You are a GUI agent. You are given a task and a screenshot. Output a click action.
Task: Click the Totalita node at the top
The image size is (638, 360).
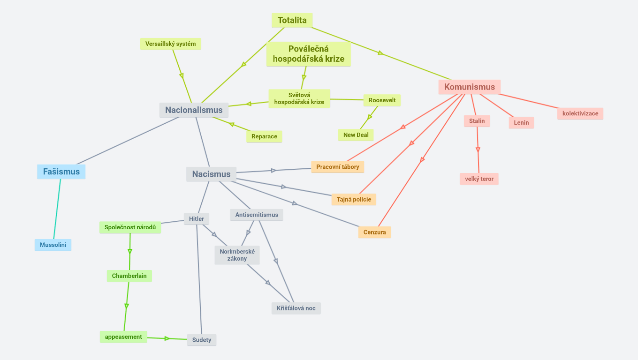[292, 20]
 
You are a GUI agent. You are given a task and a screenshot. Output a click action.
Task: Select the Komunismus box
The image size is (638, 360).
[470, 87]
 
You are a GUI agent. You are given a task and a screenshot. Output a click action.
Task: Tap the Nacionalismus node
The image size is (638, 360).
[194, 110]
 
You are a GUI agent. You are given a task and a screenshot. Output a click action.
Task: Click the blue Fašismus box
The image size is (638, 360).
[61, 172]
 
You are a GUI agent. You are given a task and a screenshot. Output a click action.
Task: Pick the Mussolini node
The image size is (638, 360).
[53, 245]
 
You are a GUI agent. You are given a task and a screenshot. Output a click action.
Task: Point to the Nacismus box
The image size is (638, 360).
[211, 174]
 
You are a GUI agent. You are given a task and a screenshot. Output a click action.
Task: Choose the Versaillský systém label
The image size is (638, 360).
[170, 44]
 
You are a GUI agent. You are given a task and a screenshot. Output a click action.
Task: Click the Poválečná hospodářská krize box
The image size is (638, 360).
[309, 54]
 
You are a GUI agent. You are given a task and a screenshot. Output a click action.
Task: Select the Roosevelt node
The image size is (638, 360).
[382, 100]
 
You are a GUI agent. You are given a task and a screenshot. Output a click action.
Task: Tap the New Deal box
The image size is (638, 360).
[356, 135]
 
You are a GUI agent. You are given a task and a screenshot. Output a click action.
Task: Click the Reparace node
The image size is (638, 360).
[264, 136]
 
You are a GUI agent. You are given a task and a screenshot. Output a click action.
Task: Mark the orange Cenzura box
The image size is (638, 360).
[374, 232]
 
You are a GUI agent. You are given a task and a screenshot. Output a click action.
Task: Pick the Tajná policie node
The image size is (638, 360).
[354, 199]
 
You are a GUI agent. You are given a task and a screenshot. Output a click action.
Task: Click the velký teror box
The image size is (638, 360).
[479, 179]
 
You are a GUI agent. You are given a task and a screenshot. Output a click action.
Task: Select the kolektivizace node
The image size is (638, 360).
[580, 113]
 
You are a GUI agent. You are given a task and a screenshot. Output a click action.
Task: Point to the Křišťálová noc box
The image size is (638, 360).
[296, 308]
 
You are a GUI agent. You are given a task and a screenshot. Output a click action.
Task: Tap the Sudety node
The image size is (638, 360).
[202, 340]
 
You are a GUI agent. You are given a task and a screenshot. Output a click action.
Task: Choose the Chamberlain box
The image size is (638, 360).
[129, 276]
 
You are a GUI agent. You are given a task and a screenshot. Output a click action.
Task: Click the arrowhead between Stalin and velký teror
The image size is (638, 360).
[478, 150]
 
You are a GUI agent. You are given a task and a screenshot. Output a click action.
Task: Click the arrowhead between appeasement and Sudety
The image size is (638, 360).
[167, 338]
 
